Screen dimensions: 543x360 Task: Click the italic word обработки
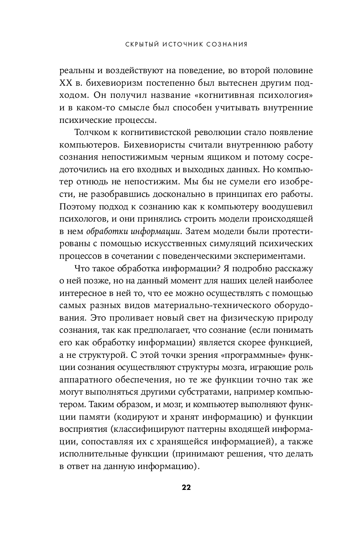(x=106, y=231)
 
